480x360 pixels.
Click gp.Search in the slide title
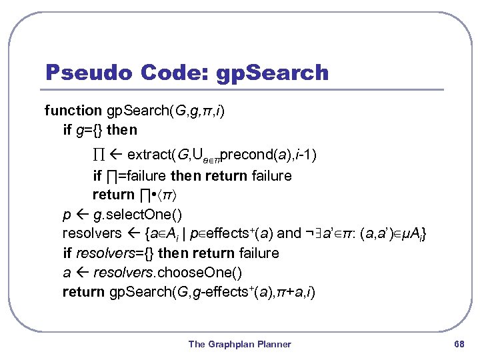click(x=273, y=73)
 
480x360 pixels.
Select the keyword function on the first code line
click(x=73, y=110)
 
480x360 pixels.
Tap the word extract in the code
click(x=148, y=155)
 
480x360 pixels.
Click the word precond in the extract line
click(x=243, y=155)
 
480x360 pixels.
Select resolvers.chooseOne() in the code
click(x=167, y=272)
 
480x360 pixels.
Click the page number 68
click(x=458, y=344)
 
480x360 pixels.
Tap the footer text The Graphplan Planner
click(x=240, y=344)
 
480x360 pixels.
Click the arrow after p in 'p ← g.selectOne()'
click(x=81, y=215)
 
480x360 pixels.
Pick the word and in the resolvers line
click(x=289, y=233)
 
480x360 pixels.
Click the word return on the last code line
click(x=83, y=291)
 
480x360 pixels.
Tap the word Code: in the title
click(x=174, y=72)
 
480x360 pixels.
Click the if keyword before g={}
click(x=67, y=129)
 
